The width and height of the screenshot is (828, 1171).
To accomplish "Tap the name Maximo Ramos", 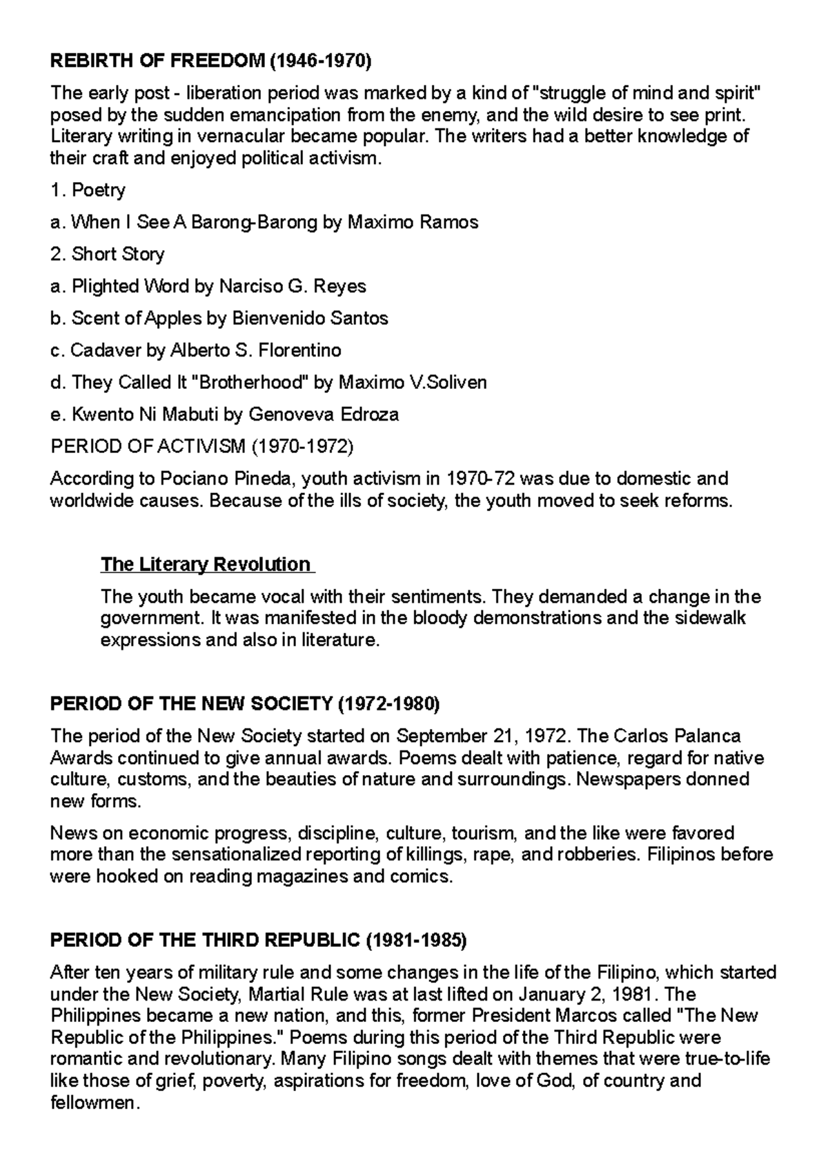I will tap(413, 222).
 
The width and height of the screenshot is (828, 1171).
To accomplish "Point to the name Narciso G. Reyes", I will tap(293, 286).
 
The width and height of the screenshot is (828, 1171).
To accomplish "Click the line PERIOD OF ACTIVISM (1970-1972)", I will tap(201, 446).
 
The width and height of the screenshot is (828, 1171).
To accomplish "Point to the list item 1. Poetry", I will tap(88, 190).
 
